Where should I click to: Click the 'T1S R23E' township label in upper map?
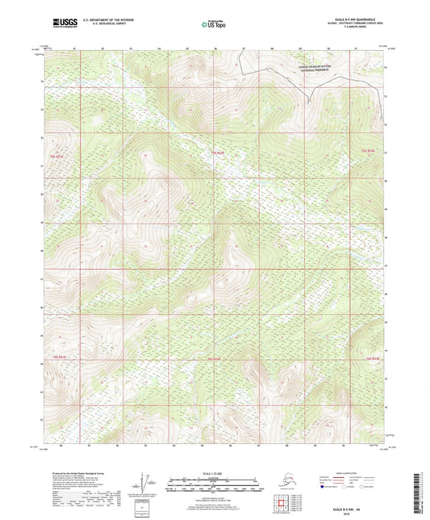point(368,152)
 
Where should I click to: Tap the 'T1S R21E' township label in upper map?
point(56,152)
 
